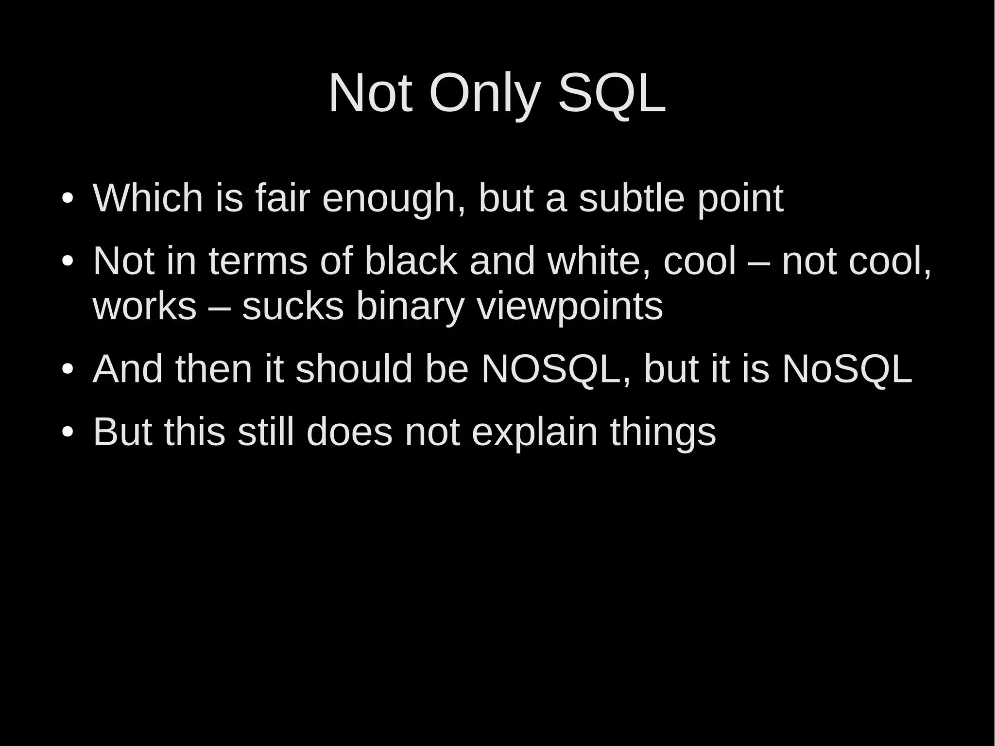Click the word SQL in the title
pyautogui.click(x=612, y=93)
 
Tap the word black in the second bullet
pyautogui.click(x=411, y=261)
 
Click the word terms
pyautogui.click(x=258, y=261)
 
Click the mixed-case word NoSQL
pyautogui.click(x=847, y=369)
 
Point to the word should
pyautogui.click(x=354, y=369)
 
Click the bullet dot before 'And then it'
pyautogui.click(x=67, y=369)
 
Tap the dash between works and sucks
pyautogui.click(x=219, y=307)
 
